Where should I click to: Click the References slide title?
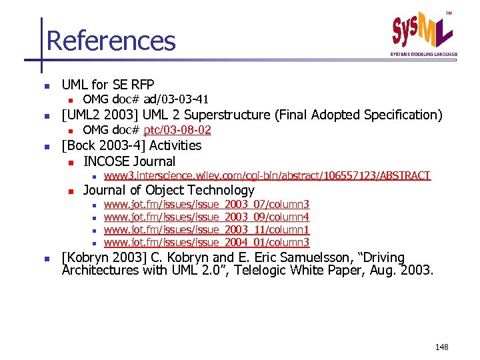111,41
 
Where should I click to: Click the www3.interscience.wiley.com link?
267,175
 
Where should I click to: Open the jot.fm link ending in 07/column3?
207,204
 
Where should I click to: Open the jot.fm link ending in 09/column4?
207,217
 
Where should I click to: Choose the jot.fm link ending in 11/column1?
207,229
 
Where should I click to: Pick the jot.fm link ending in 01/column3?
207,242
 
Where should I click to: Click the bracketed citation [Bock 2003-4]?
103,145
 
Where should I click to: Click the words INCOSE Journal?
129,161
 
